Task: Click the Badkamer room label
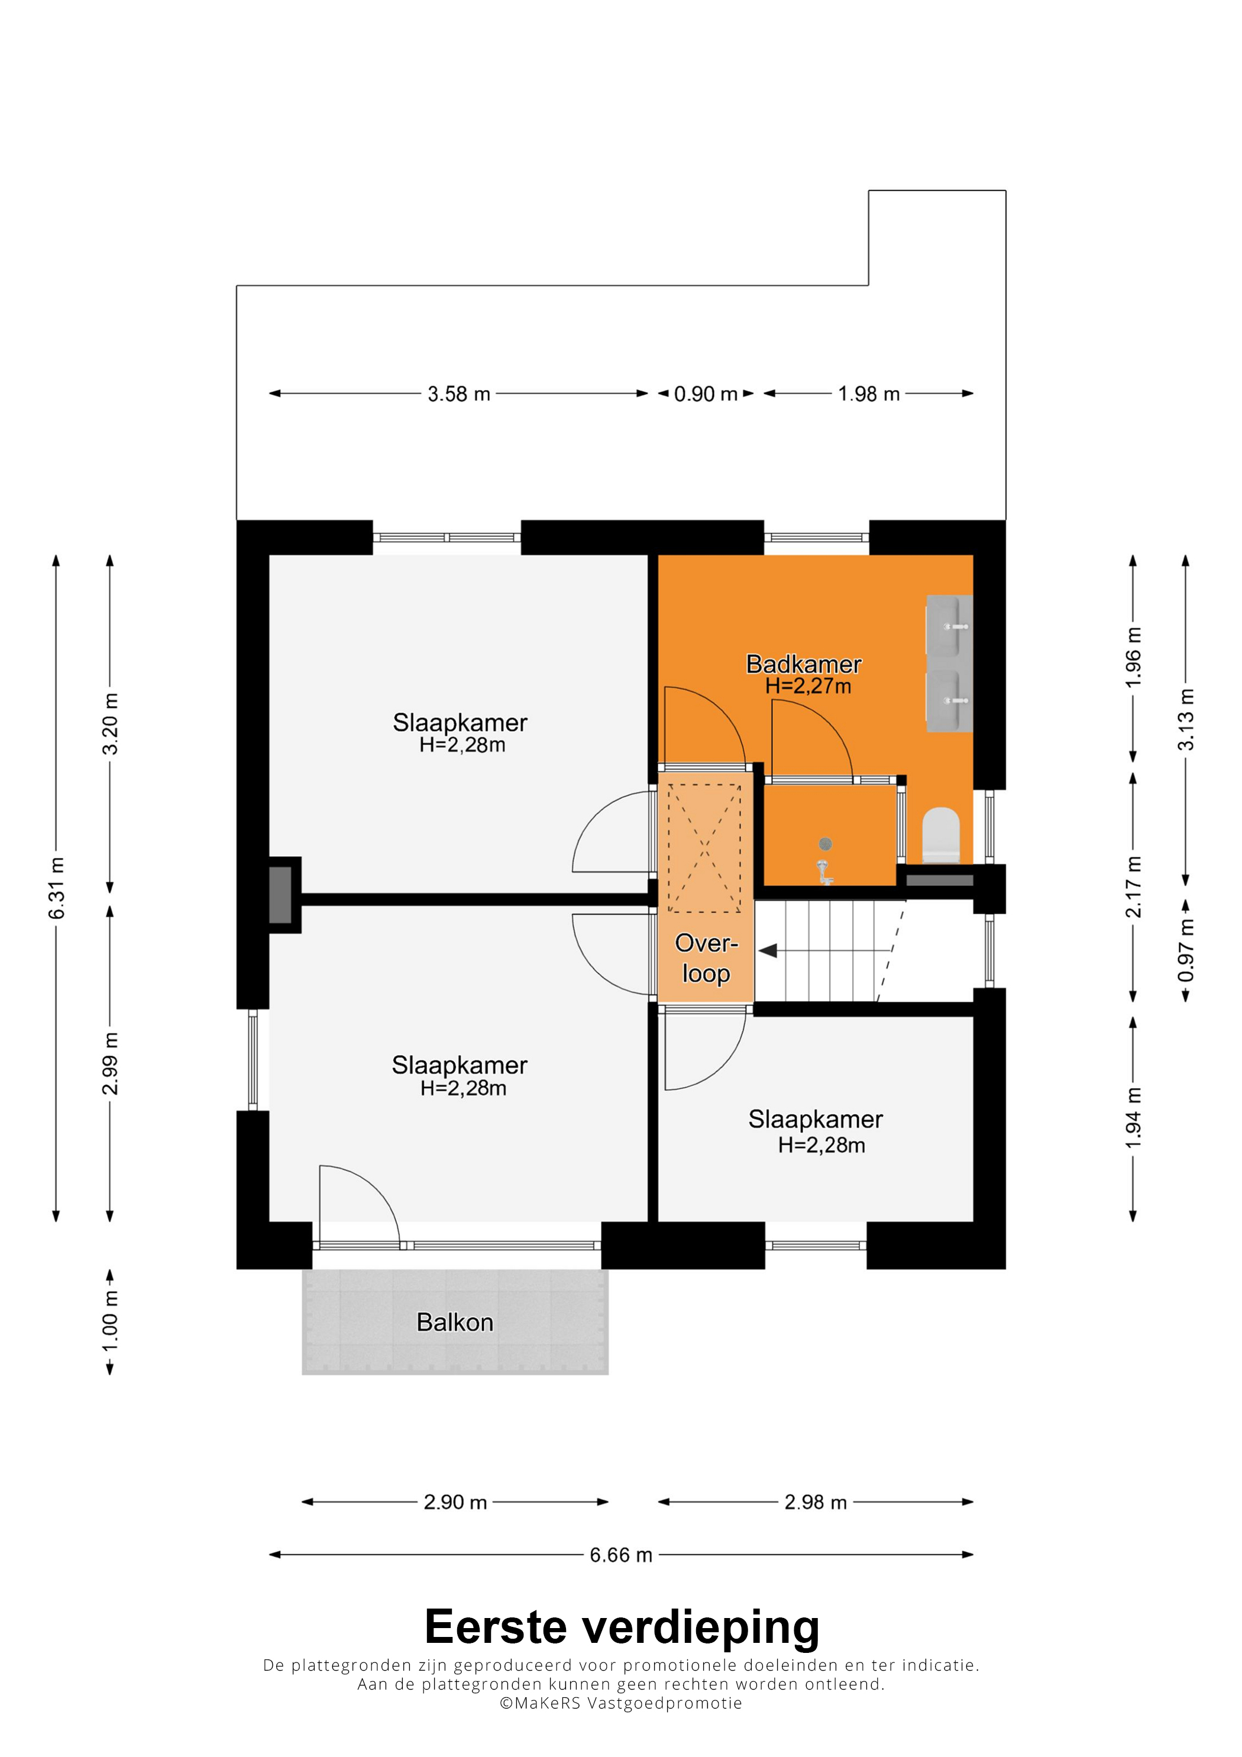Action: tap(804, 664)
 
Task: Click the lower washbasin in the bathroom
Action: tap(949, 701)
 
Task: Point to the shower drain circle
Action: tap(825, 844)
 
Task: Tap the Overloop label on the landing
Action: tap(706, 958)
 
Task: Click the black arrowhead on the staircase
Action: tap(768, 950)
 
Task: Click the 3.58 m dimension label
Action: tap(458, 393)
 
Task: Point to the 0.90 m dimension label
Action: tap(706, 393)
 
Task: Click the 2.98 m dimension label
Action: tap(815, 1502)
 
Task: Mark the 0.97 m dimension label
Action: tap(1185, 950)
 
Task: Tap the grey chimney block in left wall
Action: tap(280, 895)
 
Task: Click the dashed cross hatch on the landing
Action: tap(704, 848)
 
